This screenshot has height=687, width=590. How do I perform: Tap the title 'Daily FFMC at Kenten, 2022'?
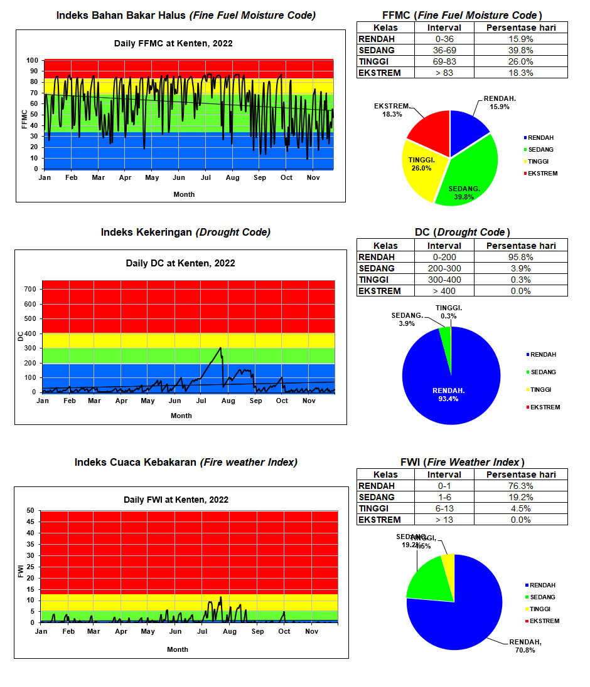[173, 43]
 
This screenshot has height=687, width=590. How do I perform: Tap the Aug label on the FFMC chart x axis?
[232, 178]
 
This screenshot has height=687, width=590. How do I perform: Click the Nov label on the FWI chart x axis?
[312, 631]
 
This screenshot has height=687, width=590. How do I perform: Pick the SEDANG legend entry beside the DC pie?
[543, 372]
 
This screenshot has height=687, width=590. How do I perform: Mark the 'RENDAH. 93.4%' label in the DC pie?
[448, 395]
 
